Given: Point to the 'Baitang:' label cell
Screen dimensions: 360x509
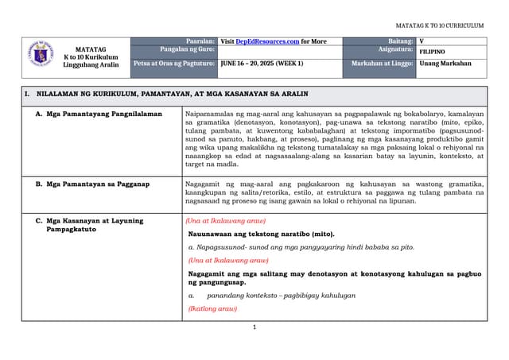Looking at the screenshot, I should (x=400, y=41).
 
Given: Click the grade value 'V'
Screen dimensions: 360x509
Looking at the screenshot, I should (x=422, y=41).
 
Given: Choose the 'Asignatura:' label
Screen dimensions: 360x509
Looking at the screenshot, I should (x=395, y=49).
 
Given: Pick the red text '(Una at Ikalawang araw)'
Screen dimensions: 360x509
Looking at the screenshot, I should (x=225, y=221).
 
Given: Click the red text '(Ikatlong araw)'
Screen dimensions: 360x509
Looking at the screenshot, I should (x=212, y=308).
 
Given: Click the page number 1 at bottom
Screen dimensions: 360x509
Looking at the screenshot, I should (x=254, y=327).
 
